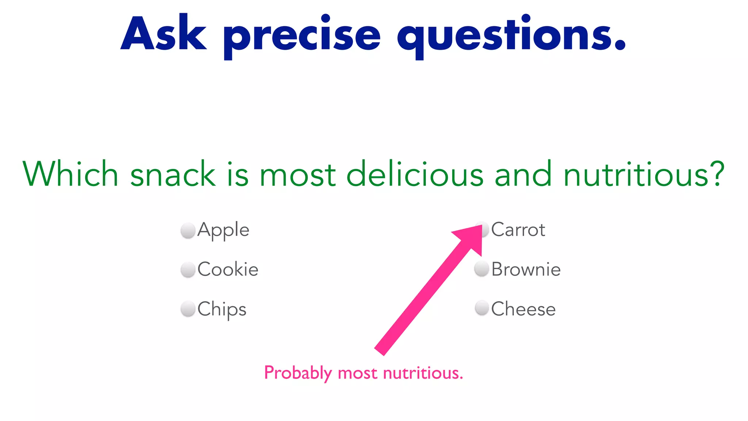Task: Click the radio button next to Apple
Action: [x=188, y=231]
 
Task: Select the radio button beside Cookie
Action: [x=188, y=270]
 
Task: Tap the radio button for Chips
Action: [x=188, y=309]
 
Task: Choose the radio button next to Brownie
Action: [x=482, y=269]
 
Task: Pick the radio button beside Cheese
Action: [x=482, y=308]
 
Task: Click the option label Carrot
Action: [x=518, y=230]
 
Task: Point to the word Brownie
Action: [x=526, y=270]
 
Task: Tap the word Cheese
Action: [x=523, y=309]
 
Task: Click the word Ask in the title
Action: [x=164, y=34]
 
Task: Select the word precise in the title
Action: [x=302, y=37]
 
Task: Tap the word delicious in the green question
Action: [x=415, y=174]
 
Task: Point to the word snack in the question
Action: [x=172, y=174]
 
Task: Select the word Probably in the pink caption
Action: [x=298, y=373]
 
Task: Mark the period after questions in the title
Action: [x=620, y=46]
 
